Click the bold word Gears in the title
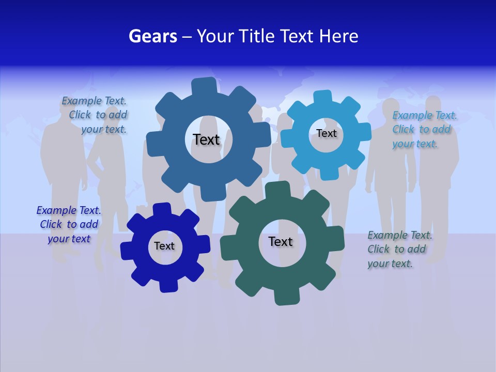152,36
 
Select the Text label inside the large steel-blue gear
206,139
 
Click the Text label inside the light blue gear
326,133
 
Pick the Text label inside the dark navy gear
164,246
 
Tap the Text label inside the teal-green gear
281,241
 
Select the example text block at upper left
96,115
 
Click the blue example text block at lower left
69,224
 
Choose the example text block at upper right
424,129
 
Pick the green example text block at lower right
399,249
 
